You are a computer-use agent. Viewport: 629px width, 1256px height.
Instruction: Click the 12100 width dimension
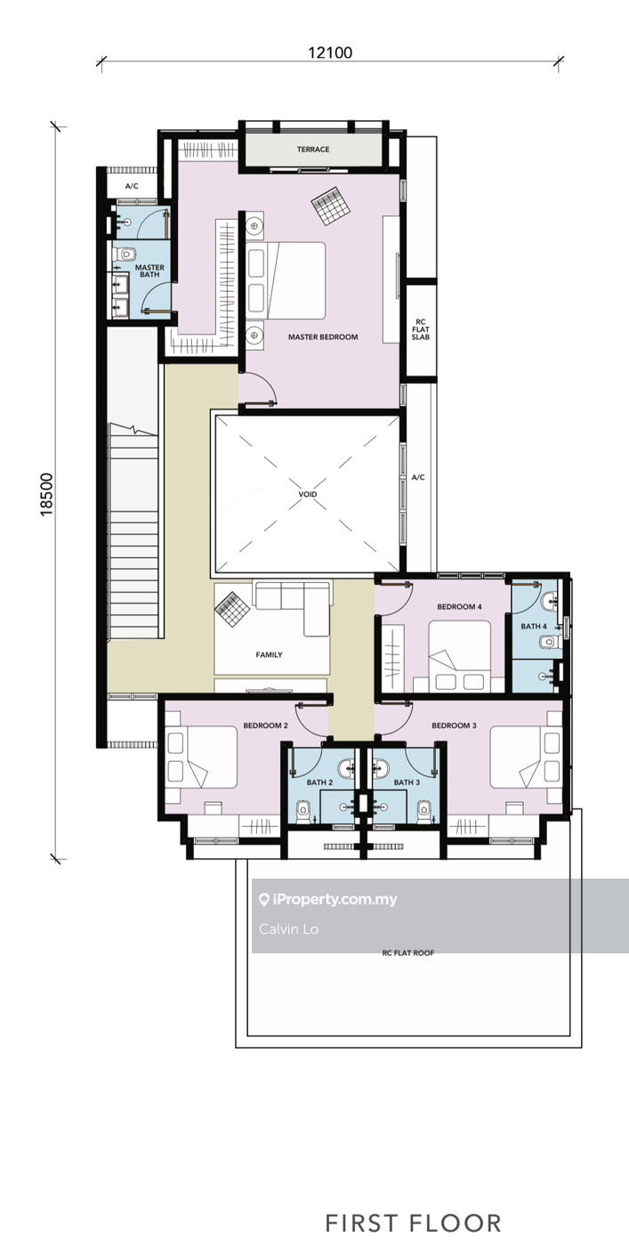330,53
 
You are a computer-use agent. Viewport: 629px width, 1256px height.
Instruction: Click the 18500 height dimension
46,494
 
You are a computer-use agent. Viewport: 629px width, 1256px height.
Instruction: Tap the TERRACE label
313,150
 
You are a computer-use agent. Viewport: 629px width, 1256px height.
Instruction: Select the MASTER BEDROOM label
323,337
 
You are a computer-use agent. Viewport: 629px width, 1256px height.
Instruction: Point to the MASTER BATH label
149,271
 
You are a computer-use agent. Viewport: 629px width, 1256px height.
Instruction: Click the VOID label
308,495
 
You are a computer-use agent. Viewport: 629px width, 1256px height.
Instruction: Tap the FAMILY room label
269,654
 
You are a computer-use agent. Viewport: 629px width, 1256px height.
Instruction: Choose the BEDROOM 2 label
266,725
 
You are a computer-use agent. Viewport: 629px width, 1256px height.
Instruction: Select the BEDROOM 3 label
454,725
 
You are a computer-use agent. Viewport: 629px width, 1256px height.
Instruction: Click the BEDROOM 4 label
460,607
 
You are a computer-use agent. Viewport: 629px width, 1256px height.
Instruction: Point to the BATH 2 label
319,782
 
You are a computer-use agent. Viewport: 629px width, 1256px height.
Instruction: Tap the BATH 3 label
407,782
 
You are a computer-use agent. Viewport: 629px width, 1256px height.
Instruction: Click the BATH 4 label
534,627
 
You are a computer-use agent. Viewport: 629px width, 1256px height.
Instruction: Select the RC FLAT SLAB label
421,329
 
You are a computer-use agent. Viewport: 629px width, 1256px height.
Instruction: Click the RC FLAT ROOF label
408,952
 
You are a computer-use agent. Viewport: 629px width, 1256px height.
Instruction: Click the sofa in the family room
291,608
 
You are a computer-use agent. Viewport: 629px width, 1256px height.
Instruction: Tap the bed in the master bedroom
286,281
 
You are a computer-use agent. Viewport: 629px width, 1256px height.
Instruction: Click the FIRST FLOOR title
414,1223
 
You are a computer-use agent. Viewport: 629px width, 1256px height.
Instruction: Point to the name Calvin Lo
289,929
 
